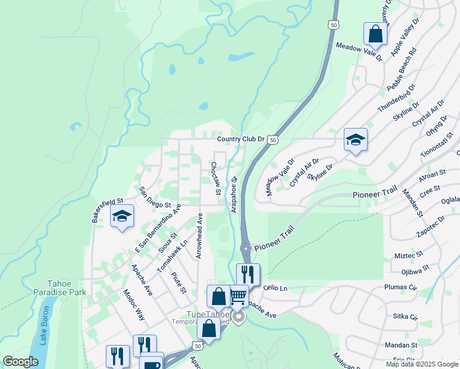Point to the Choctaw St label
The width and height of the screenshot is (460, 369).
point(215,179)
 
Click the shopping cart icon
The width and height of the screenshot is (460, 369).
point(238,298)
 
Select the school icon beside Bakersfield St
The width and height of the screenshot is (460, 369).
point(122,216)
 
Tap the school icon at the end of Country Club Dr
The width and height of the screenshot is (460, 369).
point(355,140)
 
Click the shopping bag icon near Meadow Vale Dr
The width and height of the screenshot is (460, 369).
point(375,34)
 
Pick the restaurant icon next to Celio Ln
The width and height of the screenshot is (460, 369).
point(248,274)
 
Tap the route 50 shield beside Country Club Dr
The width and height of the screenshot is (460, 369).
point(273,140)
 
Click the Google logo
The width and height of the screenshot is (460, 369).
point(21,362)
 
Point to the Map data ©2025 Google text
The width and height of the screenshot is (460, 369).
point(421,364)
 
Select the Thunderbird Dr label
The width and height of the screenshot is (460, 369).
point(394,101)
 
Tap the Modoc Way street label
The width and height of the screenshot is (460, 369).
point(133,305)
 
